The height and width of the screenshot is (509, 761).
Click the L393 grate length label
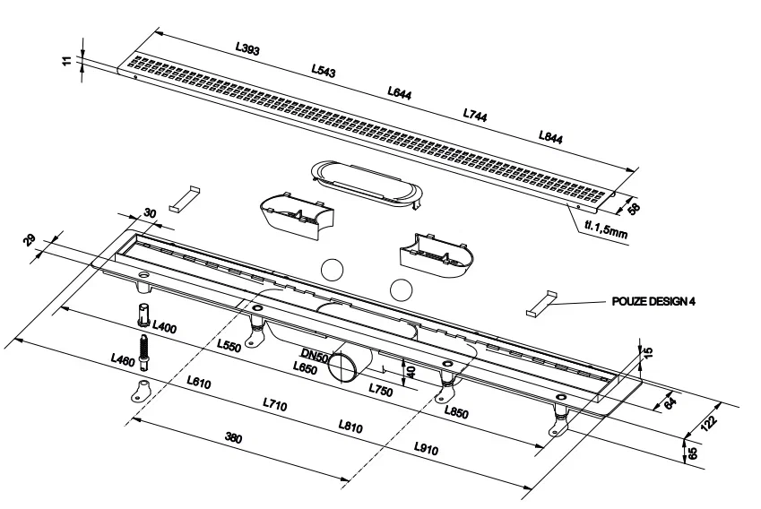pos(247,49)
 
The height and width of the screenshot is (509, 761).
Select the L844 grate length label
pos(551,136)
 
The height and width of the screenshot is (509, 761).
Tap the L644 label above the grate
pos(400,92)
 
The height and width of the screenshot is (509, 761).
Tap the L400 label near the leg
pos(165,328)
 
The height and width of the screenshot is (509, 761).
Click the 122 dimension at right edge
pos(710,420)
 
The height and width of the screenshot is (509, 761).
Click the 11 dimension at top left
pos(78,61)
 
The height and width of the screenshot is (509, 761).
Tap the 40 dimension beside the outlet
pos(411,371)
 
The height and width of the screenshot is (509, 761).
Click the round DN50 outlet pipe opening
pos(342,367)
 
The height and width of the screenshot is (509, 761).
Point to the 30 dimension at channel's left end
pos(150,211)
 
